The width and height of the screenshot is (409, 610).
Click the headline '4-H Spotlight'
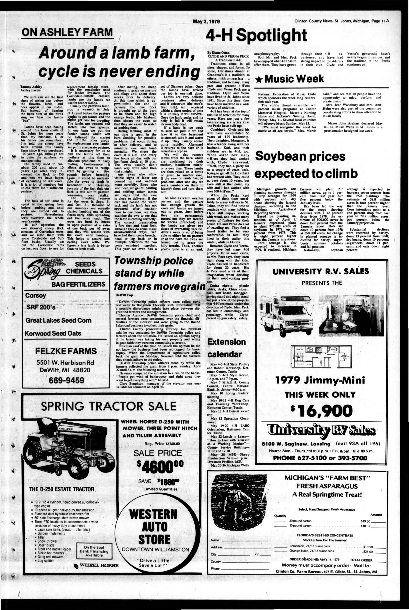coord(256,36)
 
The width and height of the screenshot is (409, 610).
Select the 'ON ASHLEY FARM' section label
coord(67,33)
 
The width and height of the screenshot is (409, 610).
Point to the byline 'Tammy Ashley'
coord(31,87)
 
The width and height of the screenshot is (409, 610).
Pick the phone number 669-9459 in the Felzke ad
coord(67,380)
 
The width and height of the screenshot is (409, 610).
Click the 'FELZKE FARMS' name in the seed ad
coord(66,351)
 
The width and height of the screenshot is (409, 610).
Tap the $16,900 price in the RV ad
coord(321,411)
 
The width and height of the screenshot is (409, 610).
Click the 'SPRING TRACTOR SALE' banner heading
coord(109,406)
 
